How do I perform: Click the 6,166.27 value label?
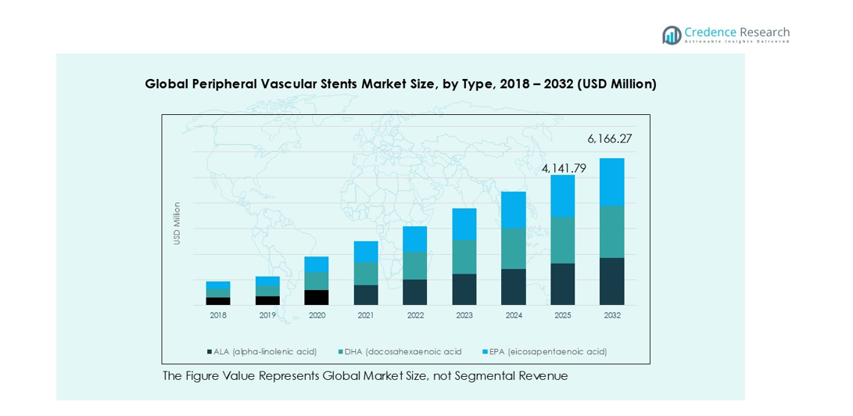point(609,139)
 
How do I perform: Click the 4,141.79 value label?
point(564,168)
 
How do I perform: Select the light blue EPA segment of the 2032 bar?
point(611,182)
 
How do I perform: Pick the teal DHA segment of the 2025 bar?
point(562,240)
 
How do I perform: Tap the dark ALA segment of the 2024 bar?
point(513,287)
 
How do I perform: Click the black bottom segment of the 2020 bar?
point(316,297)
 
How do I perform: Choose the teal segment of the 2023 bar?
point(464,256)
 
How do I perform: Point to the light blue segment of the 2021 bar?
point(365,252)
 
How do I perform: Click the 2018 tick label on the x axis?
point(218,315)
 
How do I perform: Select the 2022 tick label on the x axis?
point(415,315)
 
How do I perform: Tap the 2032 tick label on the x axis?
point(612,315)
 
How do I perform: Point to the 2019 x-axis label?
point(267,315)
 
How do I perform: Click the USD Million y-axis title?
point(177,224)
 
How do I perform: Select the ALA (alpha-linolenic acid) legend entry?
point(262,352)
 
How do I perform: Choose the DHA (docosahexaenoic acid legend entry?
point(400,352)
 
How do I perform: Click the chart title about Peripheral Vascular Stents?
point(400,84)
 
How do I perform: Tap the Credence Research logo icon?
point(672,34)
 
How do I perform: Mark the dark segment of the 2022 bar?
point(414,292)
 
